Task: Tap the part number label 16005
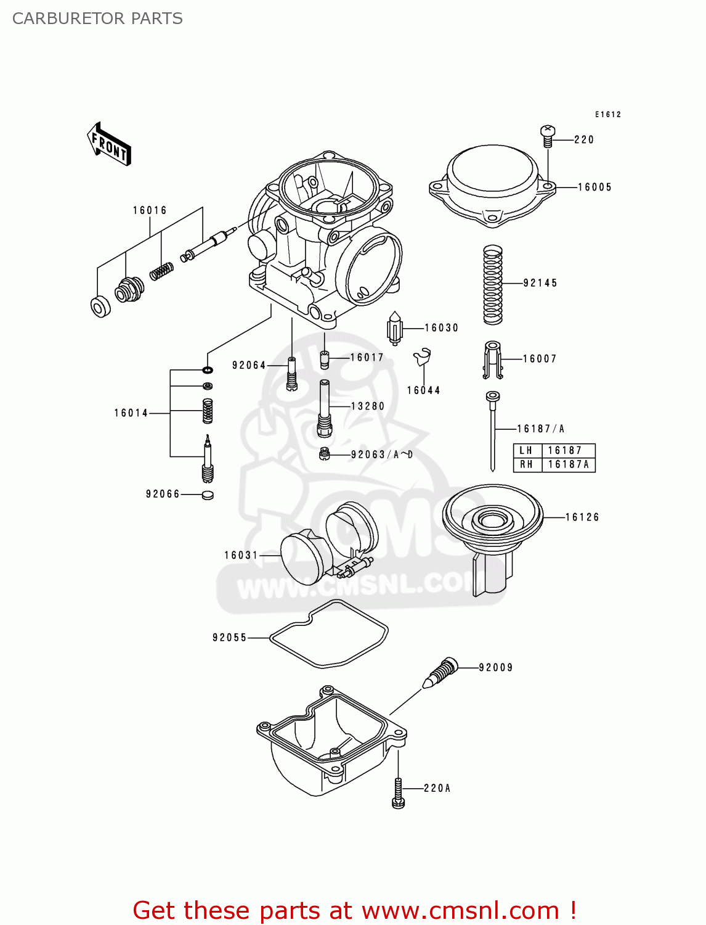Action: click(x=594, y=187)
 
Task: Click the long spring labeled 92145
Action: click(x=492, y=284)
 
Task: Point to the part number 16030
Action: click(x=442, y=328)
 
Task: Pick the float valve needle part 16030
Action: click(x=394, y=328)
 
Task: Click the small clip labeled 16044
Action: click(x=423, y=357)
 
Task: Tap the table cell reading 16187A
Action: click(x=568, y=465)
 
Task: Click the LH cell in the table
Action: click(x=525, y=451)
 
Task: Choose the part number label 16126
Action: click(x=582, y=517)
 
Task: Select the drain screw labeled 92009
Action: click(x=441, y=673)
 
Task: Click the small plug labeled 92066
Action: click(x=208, y=495)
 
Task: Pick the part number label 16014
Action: click(x=131, y=413)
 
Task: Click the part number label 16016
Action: click(x=150, y=211)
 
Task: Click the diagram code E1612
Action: click(x=607, y=115)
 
